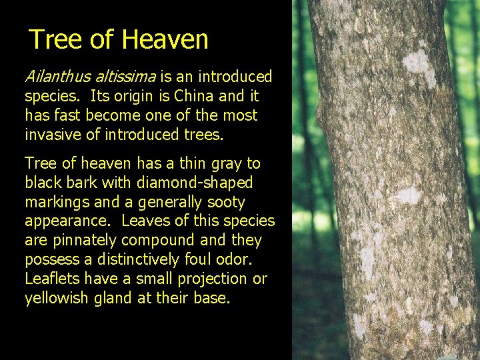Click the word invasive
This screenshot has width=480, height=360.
tap(51, 134)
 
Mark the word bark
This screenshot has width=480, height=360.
tap(76, 183)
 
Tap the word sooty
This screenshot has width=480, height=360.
tap(227, 202)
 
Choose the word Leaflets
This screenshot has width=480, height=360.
tap(51, 279)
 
